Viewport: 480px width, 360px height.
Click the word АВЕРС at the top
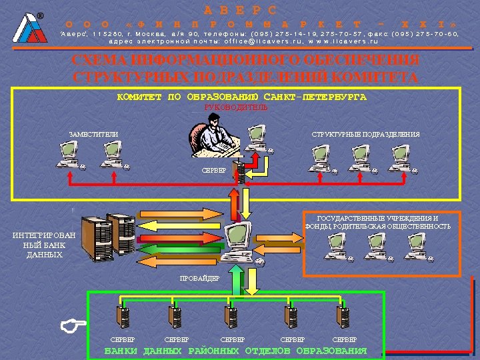[x=239, y=11]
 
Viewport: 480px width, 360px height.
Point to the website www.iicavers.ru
[x=340, y=41]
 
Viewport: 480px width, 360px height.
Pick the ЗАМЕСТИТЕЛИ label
[x=93, y=135]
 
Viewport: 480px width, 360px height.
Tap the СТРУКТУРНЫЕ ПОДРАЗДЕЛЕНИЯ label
[x=365, y=135]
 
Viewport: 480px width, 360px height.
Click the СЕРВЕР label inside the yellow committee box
[x=214, y=170]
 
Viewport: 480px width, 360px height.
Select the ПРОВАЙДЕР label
[x=199, y=278]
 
